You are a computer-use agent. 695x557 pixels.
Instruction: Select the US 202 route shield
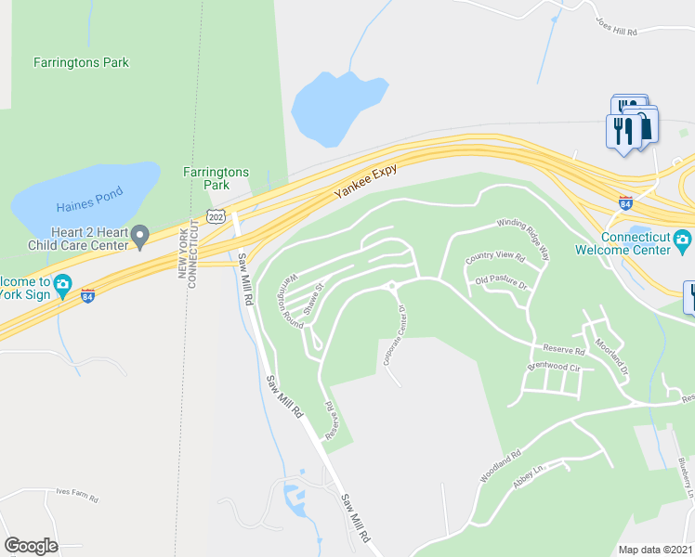(216, 215)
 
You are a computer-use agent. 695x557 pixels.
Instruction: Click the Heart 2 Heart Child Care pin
(139, 237)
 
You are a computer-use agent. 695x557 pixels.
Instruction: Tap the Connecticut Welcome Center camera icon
(682, 241)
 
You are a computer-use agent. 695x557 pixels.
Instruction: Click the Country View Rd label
(495, 256)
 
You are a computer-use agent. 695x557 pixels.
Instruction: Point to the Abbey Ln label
(526, 481)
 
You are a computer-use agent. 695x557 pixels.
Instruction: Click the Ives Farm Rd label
(76, 494)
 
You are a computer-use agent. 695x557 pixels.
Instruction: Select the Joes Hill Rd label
(618, 31)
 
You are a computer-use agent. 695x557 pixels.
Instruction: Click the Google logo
(31, 546)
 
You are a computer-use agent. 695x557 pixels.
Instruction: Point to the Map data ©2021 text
(656, 550)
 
